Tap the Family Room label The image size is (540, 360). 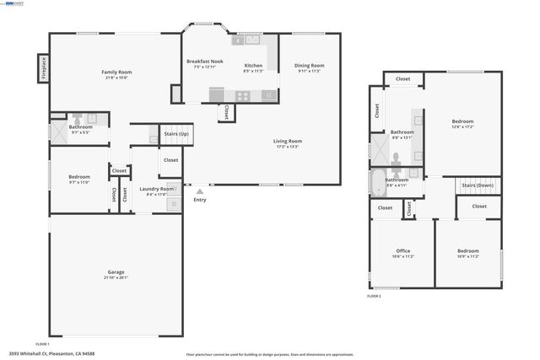116,73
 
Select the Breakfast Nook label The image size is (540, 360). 204,62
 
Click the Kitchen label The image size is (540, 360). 253,65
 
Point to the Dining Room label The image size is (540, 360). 310,65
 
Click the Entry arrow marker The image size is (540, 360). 199,191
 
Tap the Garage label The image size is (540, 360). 116,272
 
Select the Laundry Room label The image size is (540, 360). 156,189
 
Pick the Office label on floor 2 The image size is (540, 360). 402,250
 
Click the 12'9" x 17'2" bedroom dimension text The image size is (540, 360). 462,126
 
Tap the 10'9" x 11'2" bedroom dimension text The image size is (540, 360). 467,256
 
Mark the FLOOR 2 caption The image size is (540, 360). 374,297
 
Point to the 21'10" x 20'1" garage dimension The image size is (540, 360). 116,278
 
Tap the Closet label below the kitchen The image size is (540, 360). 227,111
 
